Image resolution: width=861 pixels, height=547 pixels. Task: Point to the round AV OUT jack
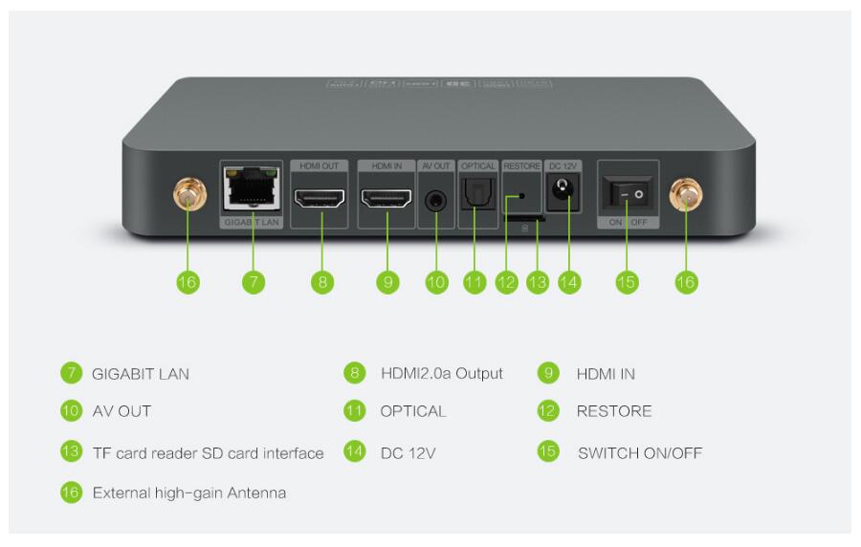click(436, 200)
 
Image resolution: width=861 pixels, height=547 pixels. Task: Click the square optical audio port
click(475, 197)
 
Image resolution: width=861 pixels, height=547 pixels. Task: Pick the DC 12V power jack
click(563, 195)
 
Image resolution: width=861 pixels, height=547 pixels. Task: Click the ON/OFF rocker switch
click(628, 195)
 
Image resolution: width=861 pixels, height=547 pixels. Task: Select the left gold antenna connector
click(188, 198)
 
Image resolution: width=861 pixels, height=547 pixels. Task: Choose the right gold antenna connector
click(686, 198)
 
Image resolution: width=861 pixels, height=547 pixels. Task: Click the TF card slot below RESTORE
click(524, 218)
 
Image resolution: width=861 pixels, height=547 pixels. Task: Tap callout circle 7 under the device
click(253, 282)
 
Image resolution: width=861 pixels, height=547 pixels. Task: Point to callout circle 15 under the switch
click(627, 282)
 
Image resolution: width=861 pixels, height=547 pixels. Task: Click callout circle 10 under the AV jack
click(436, 282)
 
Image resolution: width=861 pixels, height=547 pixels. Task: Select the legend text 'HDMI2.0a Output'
click(441, 374)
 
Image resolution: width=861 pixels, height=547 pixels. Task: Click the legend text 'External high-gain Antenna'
click(188, 493)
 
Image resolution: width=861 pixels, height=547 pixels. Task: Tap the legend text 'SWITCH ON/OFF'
click(639, 453)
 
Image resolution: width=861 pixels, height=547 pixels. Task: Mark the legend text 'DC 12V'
click(408, 453)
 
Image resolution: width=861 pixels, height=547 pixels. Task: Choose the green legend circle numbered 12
click(548, 411)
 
